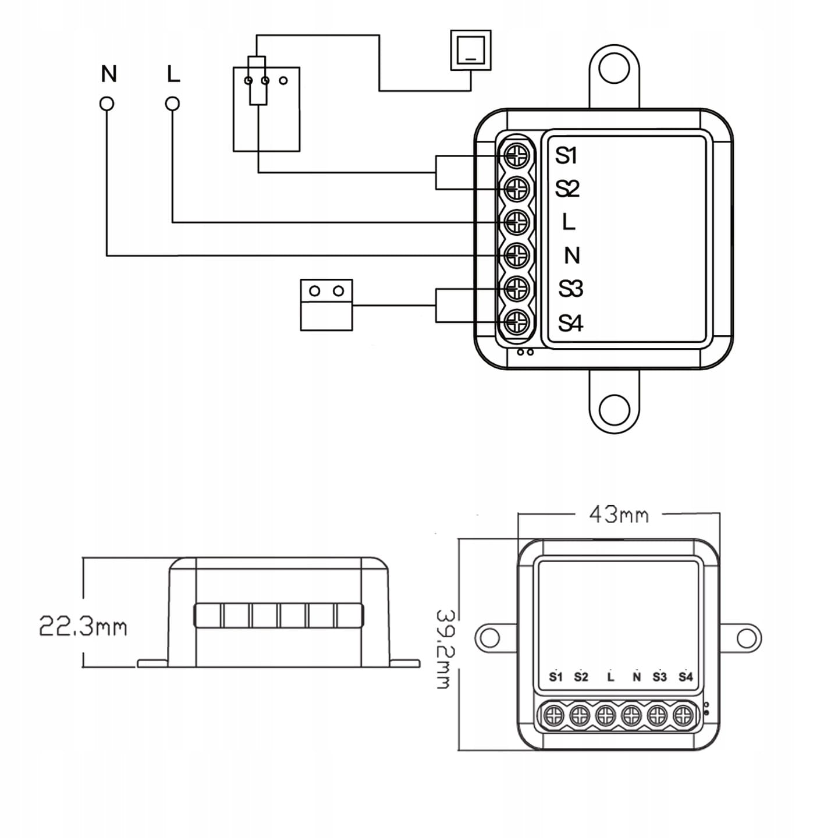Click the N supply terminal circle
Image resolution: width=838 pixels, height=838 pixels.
106,104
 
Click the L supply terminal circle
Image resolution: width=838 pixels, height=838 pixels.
172,104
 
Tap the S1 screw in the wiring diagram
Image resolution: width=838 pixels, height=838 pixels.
516,155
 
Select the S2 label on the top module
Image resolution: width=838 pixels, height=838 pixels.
567,189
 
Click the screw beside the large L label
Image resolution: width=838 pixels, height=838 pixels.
516,222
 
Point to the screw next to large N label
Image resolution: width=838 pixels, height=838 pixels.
516,254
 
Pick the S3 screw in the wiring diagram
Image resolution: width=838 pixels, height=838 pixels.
516,287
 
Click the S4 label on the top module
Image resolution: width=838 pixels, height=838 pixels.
570,322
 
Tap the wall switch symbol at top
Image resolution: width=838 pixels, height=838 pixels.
471,51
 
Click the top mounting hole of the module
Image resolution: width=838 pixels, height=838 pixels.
615,70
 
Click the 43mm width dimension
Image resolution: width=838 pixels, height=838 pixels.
619,514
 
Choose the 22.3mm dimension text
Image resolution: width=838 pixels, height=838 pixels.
83,627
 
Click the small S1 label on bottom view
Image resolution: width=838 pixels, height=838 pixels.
556,677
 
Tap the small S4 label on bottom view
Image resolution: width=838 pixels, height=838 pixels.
686,677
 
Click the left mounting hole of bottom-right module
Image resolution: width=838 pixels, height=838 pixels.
490,638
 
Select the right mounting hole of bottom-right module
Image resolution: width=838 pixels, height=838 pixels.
746,638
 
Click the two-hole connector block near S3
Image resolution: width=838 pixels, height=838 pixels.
326,304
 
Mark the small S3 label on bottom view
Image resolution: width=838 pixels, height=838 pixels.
659,677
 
